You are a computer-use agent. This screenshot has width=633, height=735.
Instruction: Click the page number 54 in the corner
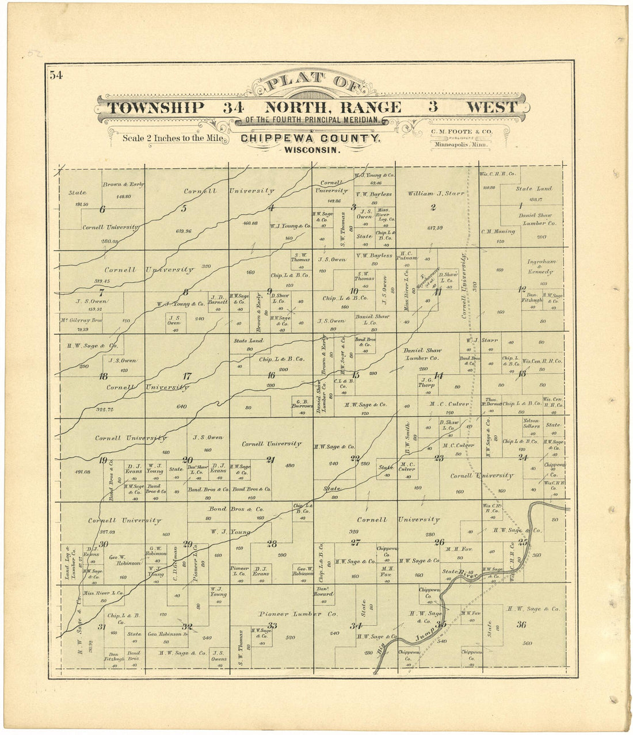point(56,74)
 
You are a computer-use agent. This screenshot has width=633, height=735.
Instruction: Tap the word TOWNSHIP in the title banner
point(156,108)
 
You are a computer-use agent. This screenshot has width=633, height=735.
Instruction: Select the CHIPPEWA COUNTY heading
point(310,138)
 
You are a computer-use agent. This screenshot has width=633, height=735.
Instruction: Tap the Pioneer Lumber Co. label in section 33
point(298,614)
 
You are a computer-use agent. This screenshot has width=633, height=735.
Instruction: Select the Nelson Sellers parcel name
point(531,423)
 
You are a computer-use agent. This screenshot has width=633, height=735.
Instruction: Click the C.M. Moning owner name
point(498,231)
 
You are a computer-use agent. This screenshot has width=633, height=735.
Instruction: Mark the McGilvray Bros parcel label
point(81,321)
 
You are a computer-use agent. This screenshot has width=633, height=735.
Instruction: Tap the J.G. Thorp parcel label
point(426,382)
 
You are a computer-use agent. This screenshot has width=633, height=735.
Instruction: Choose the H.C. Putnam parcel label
point(406,256)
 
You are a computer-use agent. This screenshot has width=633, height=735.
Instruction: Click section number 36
point(521,625)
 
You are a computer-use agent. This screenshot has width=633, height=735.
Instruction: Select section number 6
point(102,210)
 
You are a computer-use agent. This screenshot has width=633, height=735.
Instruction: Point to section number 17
point(187,376)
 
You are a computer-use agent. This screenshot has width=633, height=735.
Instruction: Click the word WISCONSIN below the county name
point(310,149)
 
